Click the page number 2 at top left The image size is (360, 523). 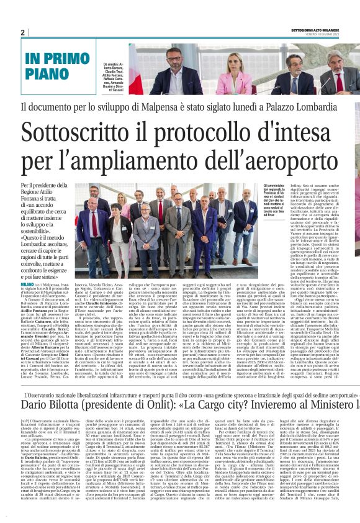pyautogui.click(x=22, y=32)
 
